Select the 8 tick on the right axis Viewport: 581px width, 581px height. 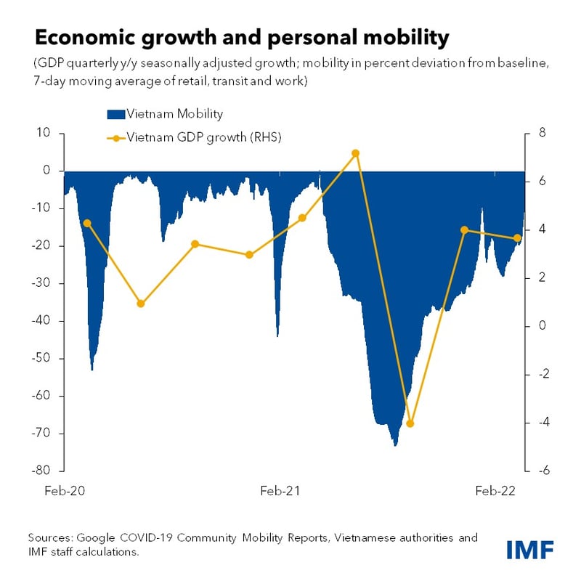(540, 133)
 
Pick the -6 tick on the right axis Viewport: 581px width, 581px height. (541, 471)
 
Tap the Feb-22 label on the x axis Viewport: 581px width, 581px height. (495, 491)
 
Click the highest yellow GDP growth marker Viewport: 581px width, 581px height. (355, 153)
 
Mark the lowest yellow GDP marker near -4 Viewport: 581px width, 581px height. (410, 423)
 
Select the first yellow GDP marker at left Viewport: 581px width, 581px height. (87, 223)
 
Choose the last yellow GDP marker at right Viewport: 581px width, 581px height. (517, 238)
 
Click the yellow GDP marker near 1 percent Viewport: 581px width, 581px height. (141, 304)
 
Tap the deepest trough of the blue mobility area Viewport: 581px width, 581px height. (394, 444)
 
